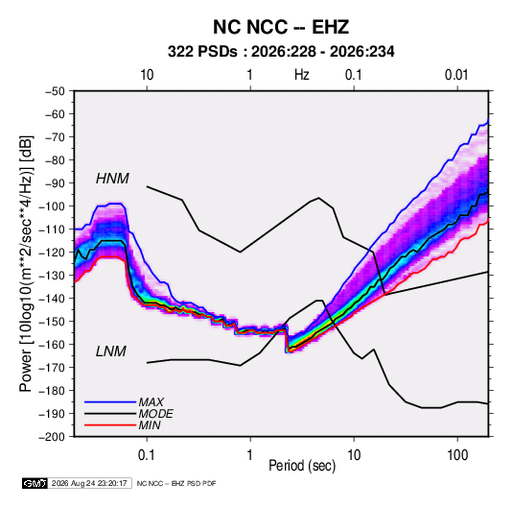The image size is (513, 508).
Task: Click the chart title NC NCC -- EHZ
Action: [281, 27]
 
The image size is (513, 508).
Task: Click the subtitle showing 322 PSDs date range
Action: [281, 52]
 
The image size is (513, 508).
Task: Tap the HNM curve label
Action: [112, 179]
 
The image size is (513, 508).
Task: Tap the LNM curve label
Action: [110, 351]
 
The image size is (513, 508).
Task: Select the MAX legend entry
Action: [151, 401]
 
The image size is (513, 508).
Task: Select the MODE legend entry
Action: [155, 414]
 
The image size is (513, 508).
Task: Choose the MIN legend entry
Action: [150, 425]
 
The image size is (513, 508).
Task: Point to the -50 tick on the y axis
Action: [55, 91]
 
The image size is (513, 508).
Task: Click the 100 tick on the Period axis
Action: [457, 455]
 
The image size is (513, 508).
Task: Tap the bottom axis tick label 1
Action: [250, 455]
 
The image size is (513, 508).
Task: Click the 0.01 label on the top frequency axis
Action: [456, 75]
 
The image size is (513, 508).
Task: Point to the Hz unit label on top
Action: [302, 75]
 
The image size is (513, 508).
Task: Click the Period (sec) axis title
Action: [302, 466]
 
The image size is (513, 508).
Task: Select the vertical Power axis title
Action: [27, 264]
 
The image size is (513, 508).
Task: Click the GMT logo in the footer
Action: [35, 483]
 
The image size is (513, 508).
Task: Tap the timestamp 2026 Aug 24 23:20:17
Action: [89, 483]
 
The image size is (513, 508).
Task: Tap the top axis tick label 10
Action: [147, 75]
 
